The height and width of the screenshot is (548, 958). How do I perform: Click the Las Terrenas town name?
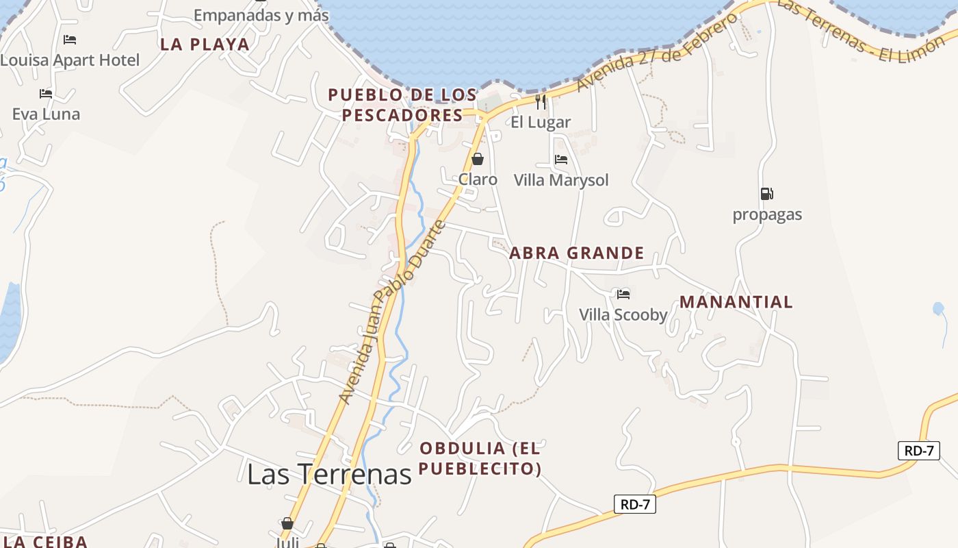coord(329,474)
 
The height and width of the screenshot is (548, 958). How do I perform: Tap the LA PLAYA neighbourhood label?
coord(205,45)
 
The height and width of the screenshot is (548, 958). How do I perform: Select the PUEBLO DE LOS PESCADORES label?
coord(403,105)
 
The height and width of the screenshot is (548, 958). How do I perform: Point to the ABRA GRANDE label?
coord(577,253)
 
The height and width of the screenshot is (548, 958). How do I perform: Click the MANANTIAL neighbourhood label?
coord(736,302)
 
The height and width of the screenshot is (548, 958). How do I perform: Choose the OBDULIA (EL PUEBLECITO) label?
coord(480,458)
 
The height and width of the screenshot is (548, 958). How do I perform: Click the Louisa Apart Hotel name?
coord(70,60)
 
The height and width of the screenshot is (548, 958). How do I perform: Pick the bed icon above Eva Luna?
coord(46,93)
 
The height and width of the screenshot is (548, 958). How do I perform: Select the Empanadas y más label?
coord(261,15)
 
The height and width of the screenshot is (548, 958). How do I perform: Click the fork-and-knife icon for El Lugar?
coord(541,102)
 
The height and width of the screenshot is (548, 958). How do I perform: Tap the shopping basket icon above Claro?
coord(478,159)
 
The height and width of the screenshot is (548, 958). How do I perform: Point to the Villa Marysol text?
coord(561,180)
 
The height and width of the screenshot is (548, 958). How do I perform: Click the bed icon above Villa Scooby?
coord(623,295)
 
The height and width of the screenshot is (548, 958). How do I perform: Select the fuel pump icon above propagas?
coord(766,194)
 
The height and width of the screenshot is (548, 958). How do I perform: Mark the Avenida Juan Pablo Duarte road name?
coord(393,312)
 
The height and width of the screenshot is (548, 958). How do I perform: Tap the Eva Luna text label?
coord(46,114)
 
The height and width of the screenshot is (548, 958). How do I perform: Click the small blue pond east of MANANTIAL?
coord(938,309)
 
